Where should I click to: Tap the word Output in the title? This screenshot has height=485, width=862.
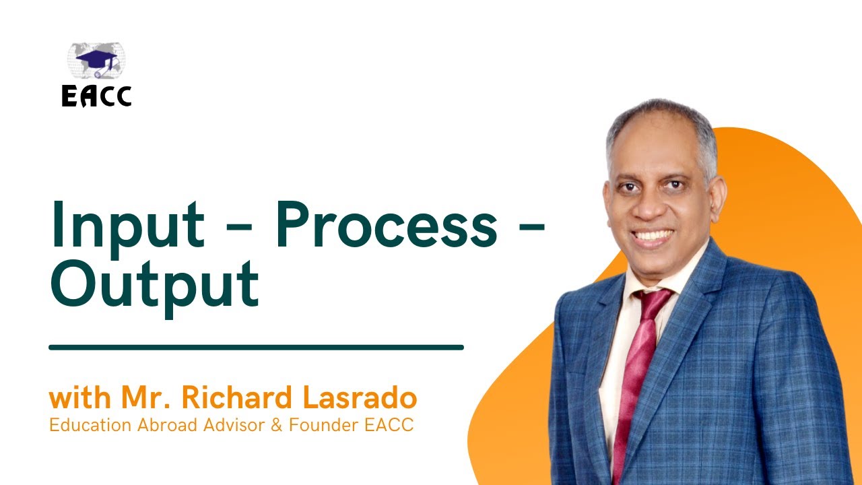(154, 282)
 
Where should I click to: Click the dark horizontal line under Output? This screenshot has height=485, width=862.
(256, 348)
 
